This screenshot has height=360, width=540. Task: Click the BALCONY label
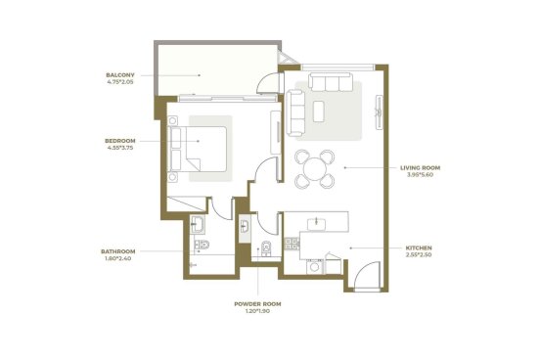click(120, 74)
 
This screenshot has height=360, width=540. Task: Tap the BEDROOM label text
click(120, 141)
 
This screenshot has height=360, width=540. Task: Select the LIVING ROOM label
click(420, 167)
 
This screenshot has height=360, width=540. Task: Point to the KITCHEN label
click(419, 247)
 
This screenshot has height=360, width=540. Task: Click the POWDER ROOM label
click(257, 304)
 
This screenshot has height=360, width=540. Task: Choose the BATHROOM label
click(117, 251)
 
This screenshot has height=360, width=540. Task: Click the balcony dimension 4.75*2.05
click(120, 82)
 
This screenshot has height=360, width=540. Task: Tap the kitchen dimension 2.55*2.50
click(419, 255)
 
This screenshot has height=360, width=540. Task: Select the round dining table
click(315, 168)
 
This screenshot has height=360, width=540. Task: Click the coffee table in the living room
click(319, 111)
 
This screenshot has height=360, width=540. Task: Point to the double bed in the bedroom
click(198, 149)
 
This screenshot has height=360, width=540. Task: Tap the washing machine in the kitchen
click(315, 267)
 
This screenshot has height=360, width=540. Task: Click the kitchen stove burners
click(292, 244)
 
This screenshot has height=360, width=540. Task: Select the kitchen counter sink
click(317, 223)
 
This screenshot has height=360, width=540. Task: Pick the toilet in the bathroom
click(202, 245)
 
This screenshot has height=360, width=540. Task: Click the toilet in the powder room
click(266, 248)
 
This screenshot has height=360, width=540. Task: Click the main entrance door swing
click(367, 275)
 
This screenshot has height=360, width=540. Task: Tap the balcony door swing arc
click(267, 83)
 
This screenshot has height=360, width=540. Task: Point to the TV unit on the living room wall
click(379, 112)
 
